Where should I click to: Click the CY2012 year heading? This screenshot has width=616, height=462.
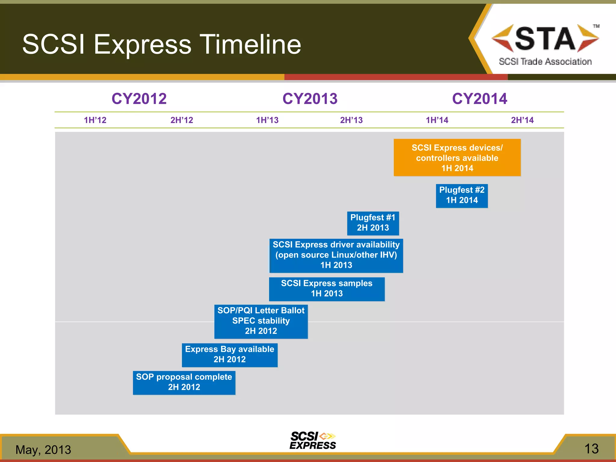[x=139, y=99]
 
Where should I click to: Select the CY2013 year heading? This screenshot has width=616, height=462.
[x=310, y=99]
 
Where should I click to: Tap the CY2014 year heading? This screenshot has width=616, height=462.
[x=479, y=99]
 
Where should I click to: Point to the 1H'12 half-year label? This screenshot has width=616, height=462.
[x=95, y=120]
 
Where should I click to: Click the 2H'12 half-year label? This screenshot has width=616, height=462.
[x=182, y=120]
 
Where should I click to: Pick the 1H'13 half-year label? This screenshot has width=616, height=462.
[x=267, y=120]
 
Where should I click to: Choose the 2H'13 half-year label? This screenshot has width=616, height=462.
[x=351, y=120]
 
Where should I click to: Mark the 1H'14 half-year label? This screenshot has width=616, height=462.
[x=437, y=120]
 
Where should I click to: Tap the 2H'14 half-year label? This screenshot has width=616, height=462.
[x=522, y=120]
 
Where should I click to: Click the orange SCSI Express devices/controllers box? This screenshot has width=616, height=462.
[x=457, y=158]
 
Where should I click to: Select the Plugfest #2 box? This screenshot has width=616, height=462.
[x=462, y=196]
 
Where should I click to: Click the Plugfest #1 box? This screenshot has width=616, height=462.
[x=373, y=223]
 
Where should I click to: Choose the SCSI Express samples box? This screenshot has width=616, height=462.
[x=327, y=289]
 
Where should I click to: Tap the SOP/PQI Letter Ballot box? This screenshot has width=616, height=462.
[x=261, y=321]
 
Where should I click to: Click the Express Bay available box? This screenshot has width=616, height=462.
[x=229, y=355]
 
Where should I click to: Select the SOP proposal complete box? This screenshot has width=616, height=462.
[x=184, y=383]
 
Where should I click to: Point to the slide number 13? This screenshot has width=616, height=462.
[x=591, y=449]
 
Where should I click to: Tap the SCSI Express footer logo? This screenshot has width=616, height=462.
[x=313, y=441]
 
